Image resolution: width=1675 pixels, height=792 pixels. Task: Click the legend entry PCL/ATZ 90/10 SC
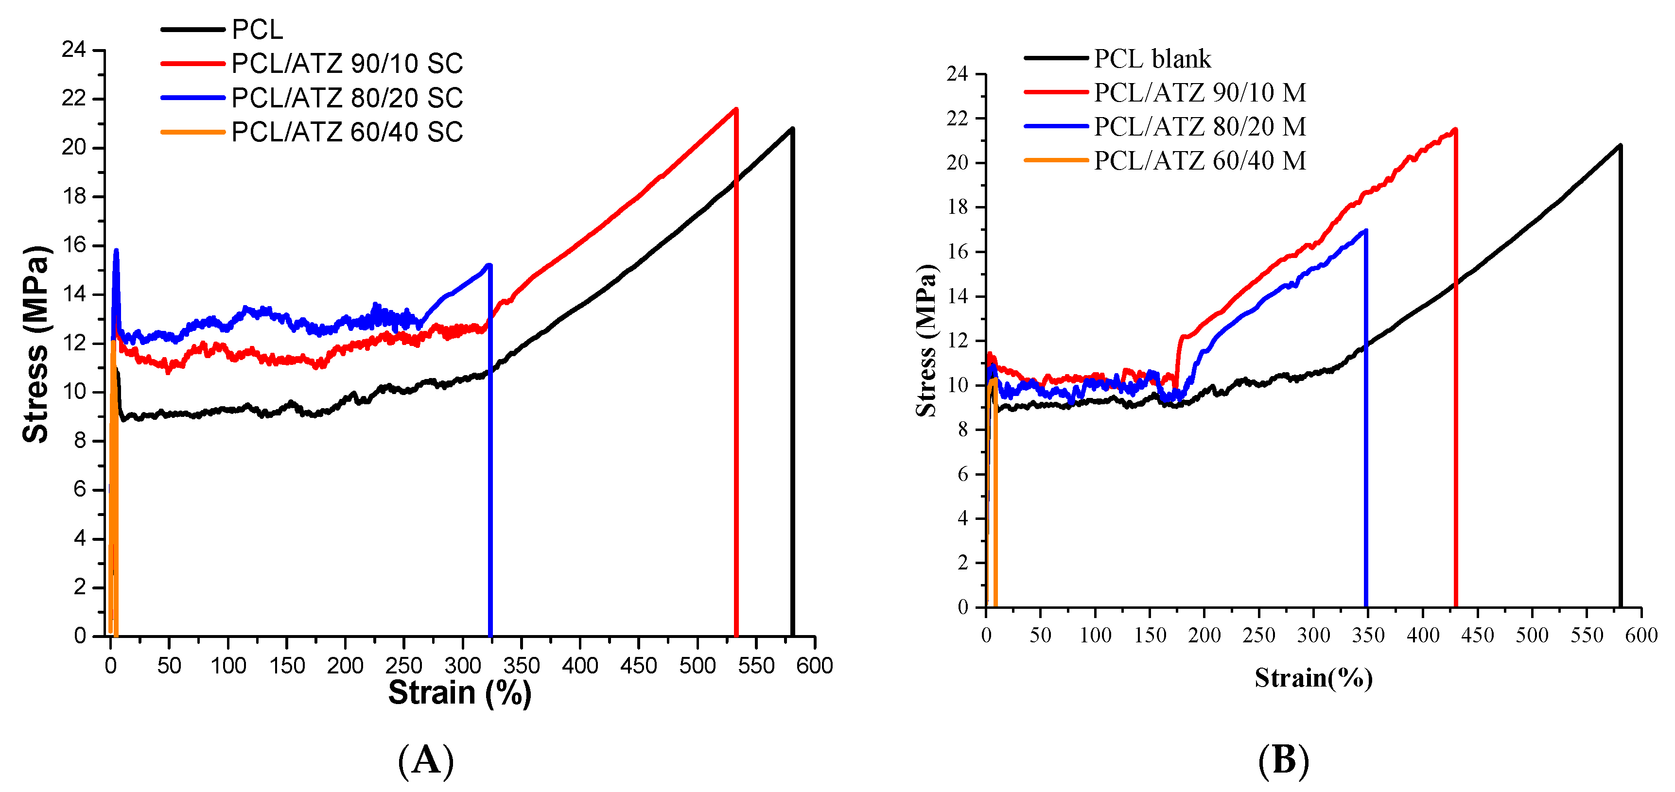(312, 64)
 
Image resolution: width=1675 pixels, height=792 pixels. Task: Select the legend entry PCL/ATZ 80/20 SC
(312, 98)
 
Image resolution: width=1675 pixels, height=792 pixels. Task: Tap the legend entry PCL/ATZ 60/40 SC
(312, 133)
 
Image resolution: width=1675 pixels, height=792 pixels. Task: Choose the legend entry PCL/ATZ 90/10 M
(1165, 92)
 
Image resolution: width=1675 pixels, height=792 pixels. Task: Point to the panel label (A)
(426, 759)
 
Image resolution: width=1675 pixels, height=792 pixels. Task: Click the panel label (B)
(1284, 759)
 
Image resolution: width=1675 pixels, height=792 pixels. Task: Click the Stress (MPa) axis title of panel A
(36, 344)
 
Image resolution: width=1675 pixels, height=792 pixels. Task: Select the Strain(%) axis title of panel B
(1313, 678)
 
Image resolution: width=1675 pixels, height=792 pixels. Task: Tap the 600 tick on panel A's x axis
(815, 665)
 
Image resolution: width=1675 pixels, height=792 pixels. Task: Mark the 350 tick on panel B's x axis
(1368, 635)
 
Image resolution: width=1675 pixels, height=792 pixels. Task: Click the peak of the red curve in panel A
(735, 108)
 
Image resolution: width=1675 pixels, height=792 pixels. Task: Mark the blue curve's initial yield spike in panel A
(116, 250)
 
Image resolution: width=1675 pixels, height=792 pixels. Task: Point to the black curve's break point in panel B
(1620, 146)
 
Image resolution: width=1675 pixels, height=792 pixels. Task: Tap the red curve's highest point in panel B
(1455, 129)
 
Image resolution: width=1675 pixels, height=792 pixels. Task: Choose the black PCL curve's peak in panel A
(792, 129)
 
